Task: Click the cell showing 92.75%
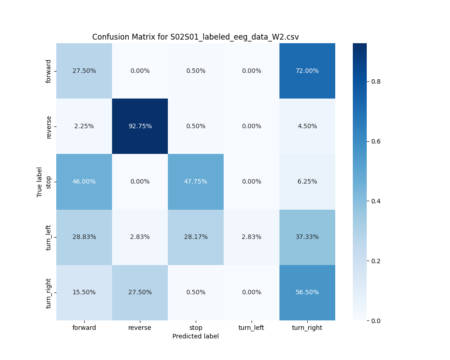[140, 126]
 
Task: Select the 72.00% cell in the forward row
[307, 71]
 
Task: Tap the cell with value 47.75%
[196, 181]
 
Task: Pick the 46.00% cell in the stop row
[84, 181]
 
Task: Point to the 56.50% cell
[307, 292]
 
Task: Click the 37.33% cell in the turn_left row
[307, 237]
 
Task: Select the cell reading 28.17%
[196, 237]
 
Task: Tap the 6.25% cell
[307, 181]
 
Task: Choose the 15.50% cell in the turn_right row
[84, 292]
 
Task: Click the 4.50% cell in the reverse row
[307, 126]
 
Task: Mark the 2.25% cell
[84, 126]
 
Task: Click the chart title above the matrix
[195, 37]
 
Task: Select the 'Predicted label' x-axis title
[195, 336]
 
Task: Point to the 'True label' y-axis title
[40, 182]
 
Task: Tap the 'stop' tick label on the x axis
[196, 328]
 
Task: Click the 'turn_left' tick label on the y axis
[49, 237]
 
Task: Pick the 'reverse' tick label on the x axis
[140, 328]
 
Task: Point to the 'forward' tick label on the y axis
[49, 71]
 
